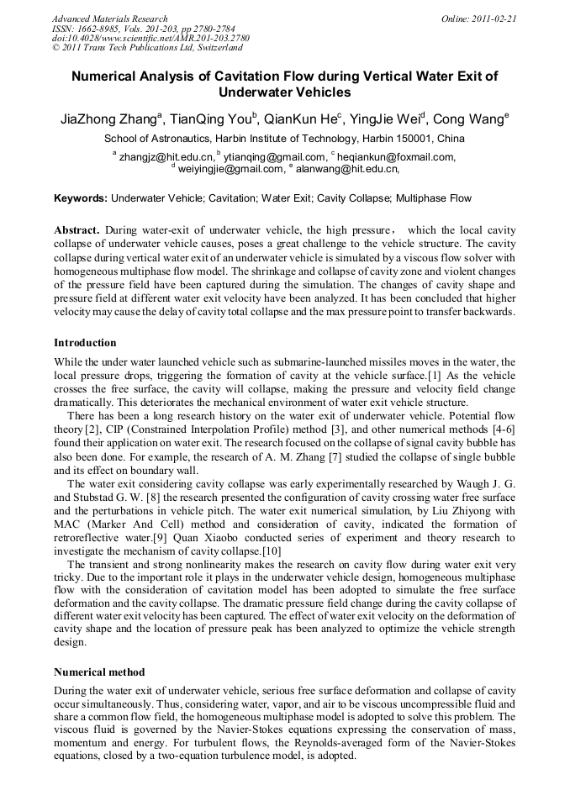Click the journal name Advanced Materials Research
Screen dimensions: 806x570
[x=109, y=18]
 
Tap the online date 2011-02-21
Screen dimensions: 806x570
[x=493, y=18]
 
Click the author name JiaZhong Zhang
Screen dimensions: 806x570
[x=108, y=119]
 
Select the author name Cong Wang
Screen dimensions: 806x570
[x=470, y=119]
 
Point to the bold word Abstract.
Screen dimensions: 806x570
[x=77, y=229]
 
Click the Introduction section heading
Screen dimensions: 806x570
[x=85, y=343]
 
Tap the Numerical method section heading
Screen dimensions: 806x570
[x=99, y=672]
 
